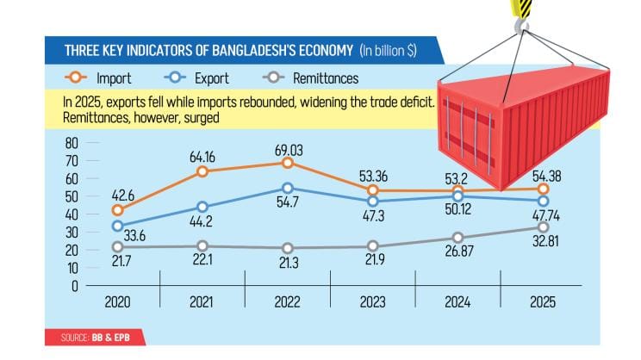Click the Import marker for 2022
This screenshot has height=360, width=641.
[288, 163]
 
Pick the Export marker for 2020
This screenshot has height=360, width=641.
[118, 227]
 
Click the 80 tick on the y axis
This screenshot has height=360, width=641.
[72, 143]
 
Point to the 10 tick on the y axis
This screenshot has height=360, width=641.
[72, 268]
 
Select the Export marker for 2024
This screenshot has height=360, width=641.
[457, 197]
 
